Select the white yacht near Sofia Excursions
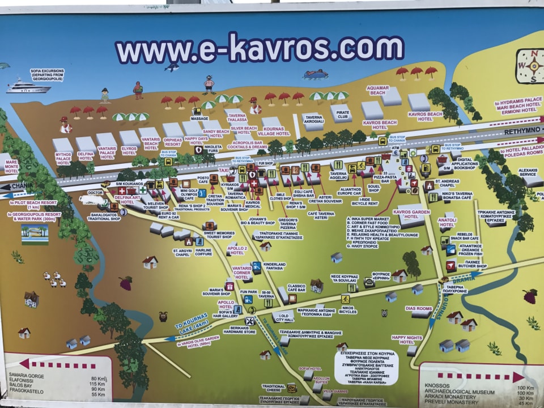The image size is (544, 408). (28, 86)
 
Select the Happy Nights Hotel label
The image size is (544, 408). (406, 339)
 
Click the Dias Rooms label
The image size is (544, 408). (418, 309)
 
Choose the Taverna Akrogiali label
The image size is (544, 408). (314, 121)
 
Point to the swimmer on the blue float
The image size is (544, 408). (316, 74)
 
